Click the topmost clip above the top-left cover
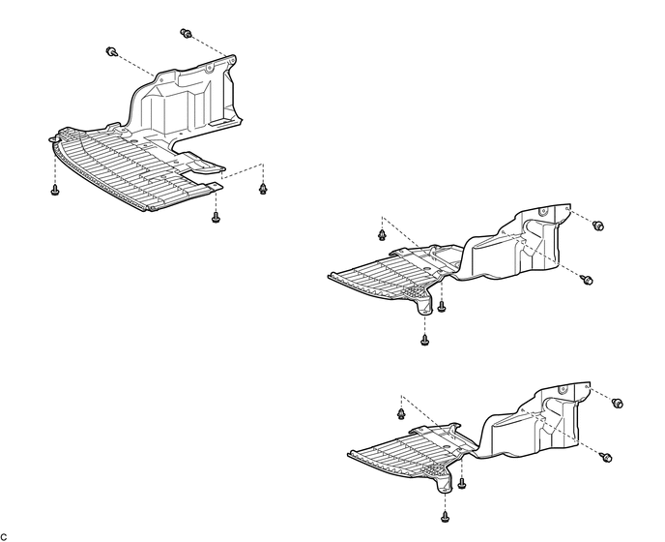(187, 35)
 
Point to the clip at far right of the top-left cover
(262, 187)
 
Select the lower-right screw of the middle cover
(588, 279)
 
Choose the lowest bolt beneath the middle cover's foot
(425, 339)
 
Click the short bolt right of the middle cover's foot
(442, 307)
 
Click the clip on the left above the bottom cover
(401, 413)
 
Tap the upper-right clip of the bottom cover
(618, 402)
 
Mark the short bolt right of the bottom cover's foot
(462, 481)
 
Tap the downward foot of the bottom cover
(446, 481)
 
